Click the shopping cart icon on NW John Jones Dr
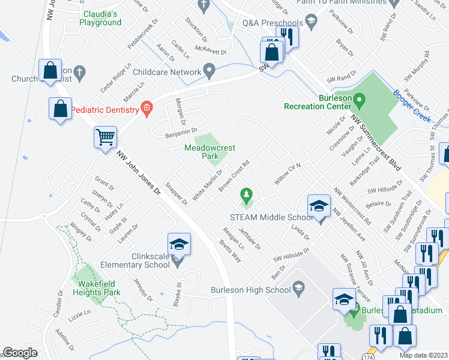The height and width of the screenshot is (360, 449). coord(105,137)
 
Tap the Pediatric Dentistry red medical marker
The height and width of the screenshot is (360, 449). coord(145,109)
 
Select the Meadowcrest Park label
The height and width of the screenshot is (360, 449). coord(209,152)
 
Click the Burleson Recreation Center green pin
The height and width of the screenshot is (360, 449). coord(359,99)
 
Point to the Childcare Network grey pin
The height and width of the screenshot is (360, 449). coord(209,71)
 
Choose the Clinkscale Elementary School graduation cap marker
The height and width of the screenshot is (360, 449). coord(179,245)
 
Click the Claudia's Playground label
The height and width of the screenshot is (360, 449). coord(100,18)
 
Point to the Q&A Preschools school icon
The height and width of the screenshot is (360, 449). coord(311,23)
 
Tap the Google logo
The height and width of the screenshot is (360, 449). coord(20,353)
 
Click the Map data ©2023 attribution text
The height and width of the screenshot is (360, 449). coord(424,355)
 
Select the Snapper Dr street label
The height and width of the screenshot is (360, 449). coord(176,193)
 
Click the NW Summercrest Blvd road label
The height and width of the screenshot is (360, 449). coord(376,139)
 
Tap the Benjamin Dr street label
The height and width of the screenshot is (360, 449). coord(181,131)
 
